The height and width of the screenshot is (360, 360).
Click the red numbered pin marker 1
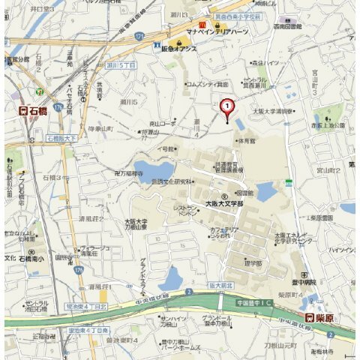click(226, 106)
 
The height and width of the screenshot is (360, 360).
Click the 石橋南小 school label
click(34, 259)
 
